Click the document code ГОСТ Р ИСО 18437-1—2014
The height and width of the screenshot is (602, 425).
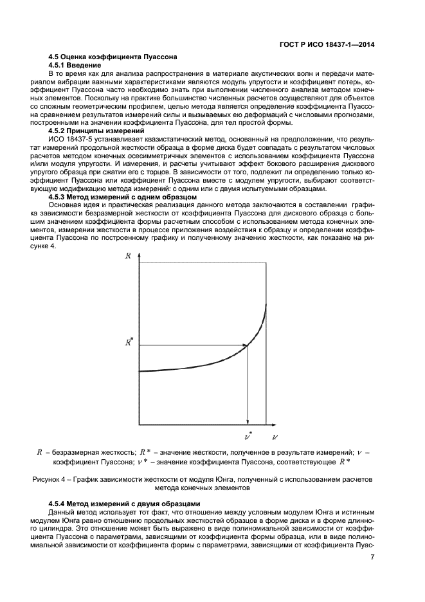(x=327, y=45)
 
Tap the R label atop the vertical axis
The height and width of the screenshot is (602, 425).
(x=128, y=255)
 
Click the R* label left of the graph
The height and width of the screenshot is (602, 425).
(x=129, y=343)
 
